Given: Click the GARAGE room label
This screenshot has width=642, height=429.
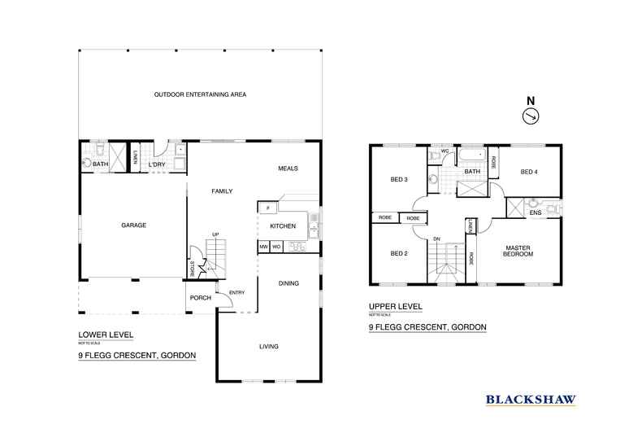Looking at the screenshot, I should coord(134,225).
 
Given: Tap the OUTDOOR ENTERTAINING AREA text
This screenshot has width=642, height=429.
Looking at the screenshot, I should coord(200,94).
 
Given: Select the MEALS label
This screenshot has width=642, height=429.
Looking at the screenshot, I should coord(287,169).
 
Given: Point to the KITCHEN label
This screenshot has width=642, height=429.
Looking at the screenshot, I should coord(283,225).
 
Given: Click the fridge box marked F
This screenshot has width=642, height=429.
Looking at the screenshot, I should coord(267,208).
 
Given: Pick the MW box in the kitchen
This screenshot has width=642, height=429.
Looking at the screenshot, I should coord(263,246).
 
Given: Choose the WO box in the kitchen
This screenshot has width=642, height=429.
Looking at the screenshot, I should coord(276,246).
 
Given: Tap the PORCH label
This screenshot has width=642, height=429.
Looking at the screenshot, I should coord(200,298).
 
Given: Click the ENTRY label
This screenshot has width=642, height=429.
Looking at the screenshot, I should coord(236,293).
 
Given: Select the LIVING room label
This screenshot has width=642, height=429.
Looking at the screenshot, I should coord(268,347).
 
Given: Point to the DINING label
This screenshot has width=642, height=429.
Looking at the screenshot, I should coord(288,283).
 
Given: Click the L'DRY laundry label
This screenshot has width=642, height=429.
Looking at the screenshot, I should coord(157,165).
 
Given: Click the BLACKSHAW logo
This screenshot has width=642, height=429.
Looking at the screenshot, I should coord(531,399).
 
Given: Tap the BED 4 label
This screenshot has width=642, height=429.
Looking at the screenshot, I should coord(529,172).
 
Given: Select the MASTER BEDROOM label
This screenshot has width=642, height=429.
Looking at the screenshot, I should coord(518,251).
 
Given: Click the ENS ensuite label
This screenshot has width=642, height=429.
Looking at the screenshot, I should coord(535,214).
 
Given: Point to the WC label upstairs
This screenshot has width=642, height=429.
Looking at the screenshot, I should coord(445,152).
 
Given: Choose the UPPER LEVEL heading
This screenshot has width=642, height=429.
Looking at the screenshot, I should coord(395,308).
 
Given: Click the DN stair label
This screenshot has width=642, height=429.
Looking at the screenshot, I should coord(436,239).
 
